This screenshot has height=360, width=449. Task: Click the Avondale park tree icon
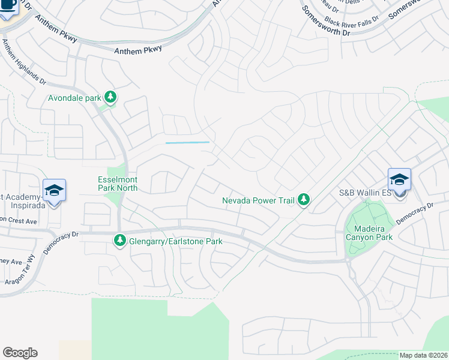[x=110, y=96]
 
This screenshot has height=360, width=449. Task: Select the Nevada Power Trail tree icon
[x=304, y=199]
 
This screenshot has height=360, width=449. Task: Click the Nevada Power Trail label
[x=258, y=200]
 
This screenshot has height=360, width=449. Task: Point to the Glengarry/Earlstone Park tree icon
[x=119, y=241]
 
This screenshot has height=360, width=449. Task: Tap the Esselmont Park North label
[x=118, y=184]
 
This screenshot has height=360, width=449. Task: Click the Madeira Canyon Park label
[x=369, y=233]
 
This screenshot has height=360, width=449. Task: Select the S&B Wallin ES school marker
[x=399, y=179]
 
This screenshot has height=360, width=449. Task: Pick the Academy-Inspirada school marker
[x=54, y=191]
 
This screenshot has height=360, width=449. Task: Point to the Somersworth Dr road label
[x=326, y=22]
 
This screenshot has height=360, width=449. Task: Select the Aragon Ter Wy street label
[x=29, y=271]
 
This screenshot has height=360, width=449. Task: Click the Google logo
[x=20, y=353]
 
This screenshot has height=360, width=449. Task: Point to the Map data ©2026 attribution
[x=423, y=355]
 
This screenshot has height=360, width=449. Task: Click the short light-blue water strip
[x=187, y=142]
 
